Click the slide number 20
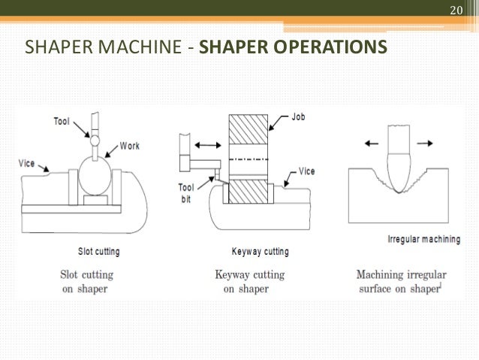coord(455,11)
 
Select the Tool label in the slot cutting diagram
coord(65,120)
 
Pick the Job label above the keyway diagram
coord(299,117)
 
